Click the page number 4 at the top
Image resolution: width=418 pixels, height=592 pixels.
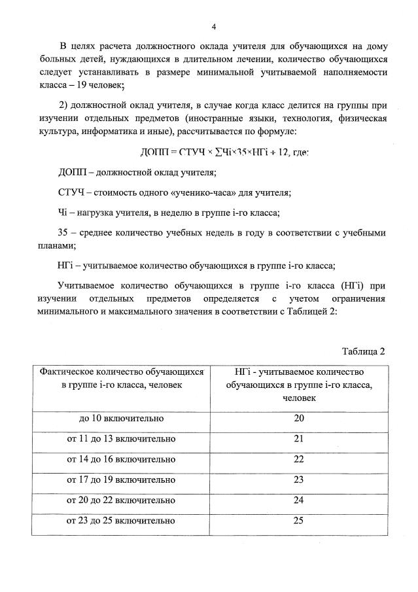213,26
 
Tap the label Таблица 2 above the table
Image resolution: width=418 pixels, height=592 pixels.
364,351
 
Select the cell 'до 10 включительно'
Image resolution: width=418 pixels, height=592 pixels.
122,418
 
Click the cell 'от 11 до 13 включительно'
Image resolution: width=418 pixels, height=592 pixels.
122,438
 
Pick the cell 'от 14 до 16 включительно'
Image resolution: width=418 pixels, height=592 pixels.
122,459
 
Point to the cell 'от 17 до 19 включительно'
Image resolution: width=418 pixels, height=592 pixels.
122,479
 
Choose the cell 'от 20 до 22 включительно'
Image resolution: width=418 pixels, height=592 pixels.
122,500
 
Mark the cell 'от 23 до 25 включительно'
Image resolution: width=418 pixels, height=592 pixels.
122,521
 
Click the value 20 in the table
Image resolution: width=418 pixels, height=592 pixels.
299,418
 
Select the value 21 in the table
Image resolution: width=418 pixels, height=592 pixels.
299,438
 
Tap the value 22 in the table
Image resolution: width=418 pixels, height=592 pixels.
299,459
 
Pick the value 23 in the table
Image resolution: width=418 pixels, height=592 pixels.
299,479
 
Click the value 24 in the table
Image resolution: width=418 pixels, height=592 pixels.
299,500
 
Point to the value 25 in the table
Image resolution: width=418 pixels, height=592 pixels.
299,521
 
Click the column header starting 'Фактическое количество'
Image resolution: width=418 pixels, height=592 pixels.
122,378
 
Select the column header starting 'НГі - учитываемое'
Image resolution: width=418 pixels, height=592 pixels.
299,384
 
